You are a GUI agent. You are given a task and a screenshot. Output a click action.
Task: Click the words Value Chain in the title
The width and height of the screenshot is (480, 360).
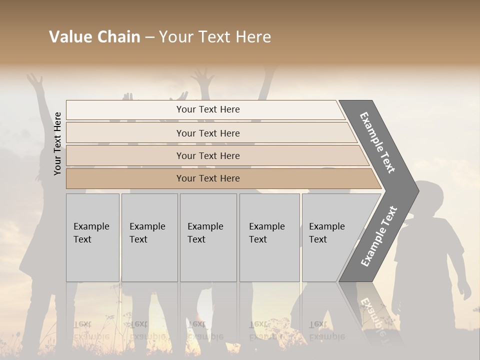click(94, 37)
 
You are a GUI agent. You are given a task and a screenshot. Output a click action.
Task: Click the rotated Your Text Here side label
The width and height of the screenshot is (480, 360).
click(58, 143)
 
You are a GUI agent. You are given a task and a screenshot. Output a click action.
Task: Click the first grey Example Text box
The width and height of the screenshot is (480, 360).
click(92, 237)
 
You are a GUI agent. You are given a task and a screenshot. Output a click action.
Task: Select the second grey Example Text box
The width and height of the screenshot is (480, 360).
click(149, 237)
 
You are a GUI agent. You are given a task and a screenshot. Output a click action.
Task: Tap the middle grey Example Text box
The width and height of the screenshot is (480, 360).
click(208, 237)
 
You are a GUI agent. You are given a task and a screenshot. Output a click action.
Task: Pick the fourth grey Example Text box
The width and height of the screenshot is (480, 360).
click(269, 237)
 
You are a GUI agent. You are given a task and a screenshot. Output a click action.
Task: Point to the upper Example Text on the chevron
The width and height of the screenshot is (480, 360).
click(377, 142)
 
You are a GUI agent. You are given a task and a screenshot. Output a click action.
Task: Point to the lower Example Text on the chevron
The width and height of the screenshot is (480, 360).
click(379, 236)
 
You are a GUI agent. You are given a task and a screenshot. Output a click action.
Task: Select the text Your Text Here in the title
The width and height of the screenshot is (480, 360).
click(215, 37)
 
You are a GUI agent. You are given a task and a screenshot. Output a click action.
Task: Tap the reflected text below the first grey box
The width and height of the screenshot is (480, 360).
click(91, 330)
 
